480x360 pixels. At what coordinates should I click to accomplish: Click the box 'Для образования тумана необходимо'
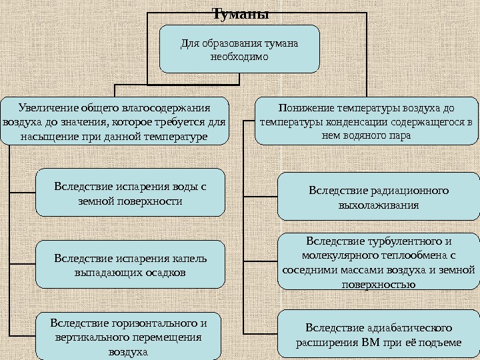tap(239, 49)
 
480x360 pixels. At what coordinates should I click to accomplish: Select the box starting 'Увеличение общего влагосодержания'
tap(115, 121)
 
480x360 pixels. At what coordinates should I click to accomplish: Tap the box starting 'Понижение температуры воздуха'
tap(367, 121)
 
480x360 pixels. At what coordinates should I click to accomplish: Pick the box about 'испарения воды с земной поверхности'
tap(130, 193)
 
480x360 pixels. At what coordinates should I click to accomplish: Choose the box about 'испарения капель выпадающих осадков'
tap(130, 265)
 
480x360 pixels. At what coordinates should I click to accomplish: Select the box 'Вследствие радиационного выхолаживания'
tap(378, 197)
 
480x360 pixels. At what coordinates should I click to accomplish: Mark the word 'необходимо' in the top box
tap(239, 57)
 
